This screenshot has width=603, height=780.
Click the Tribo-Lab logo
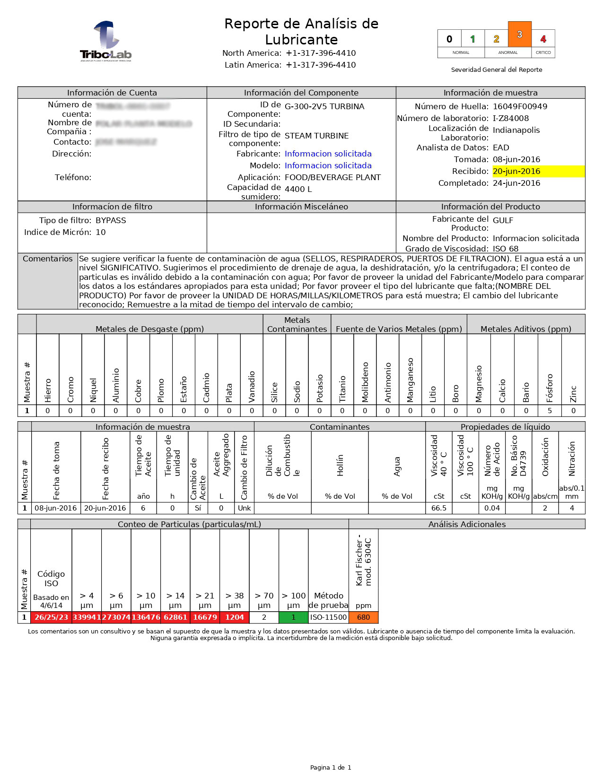(105, 42)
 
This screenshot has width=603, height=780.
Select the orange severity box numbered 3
(519, 34)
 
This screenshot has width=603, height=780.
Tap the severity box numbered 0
(449, 39)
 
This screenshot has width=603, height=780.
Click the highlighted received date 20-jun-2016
(516, 171)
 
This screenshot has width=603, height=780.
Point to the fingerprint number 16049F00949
(520, 106)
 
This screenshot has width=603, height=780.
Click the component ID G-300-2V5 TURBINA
(324, 106)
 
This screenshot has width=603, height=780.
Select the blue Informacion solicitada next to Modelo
(328, 165)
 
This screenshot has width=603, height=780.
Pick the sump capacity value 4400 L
(298, 189)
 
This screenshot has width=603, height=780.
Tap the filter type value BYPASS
(111, 220)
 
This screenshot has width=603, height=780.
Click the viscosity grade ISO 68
(506, 249)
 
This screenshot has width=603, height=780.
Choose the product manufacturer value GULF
(503, 220)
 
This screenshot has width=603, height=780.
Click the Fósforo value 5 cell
(550, 411)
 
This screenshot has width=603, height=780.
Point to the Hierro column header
(48, 390)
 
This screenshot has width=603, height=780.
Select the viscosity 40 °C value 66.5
(439, 508)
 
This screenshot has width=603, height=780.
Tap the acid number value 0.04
(492, 508)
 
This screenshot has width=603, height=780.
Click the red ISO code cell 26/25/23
(51, 617)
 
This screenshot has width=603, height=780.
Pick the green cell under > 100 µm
(293, 617)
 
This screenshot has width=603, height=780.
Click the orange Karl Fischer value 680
(363, 617)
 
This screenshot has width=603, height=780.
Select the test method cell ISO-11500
(328, 617)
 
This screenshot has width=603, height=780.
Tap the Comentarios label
(48, 259)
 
